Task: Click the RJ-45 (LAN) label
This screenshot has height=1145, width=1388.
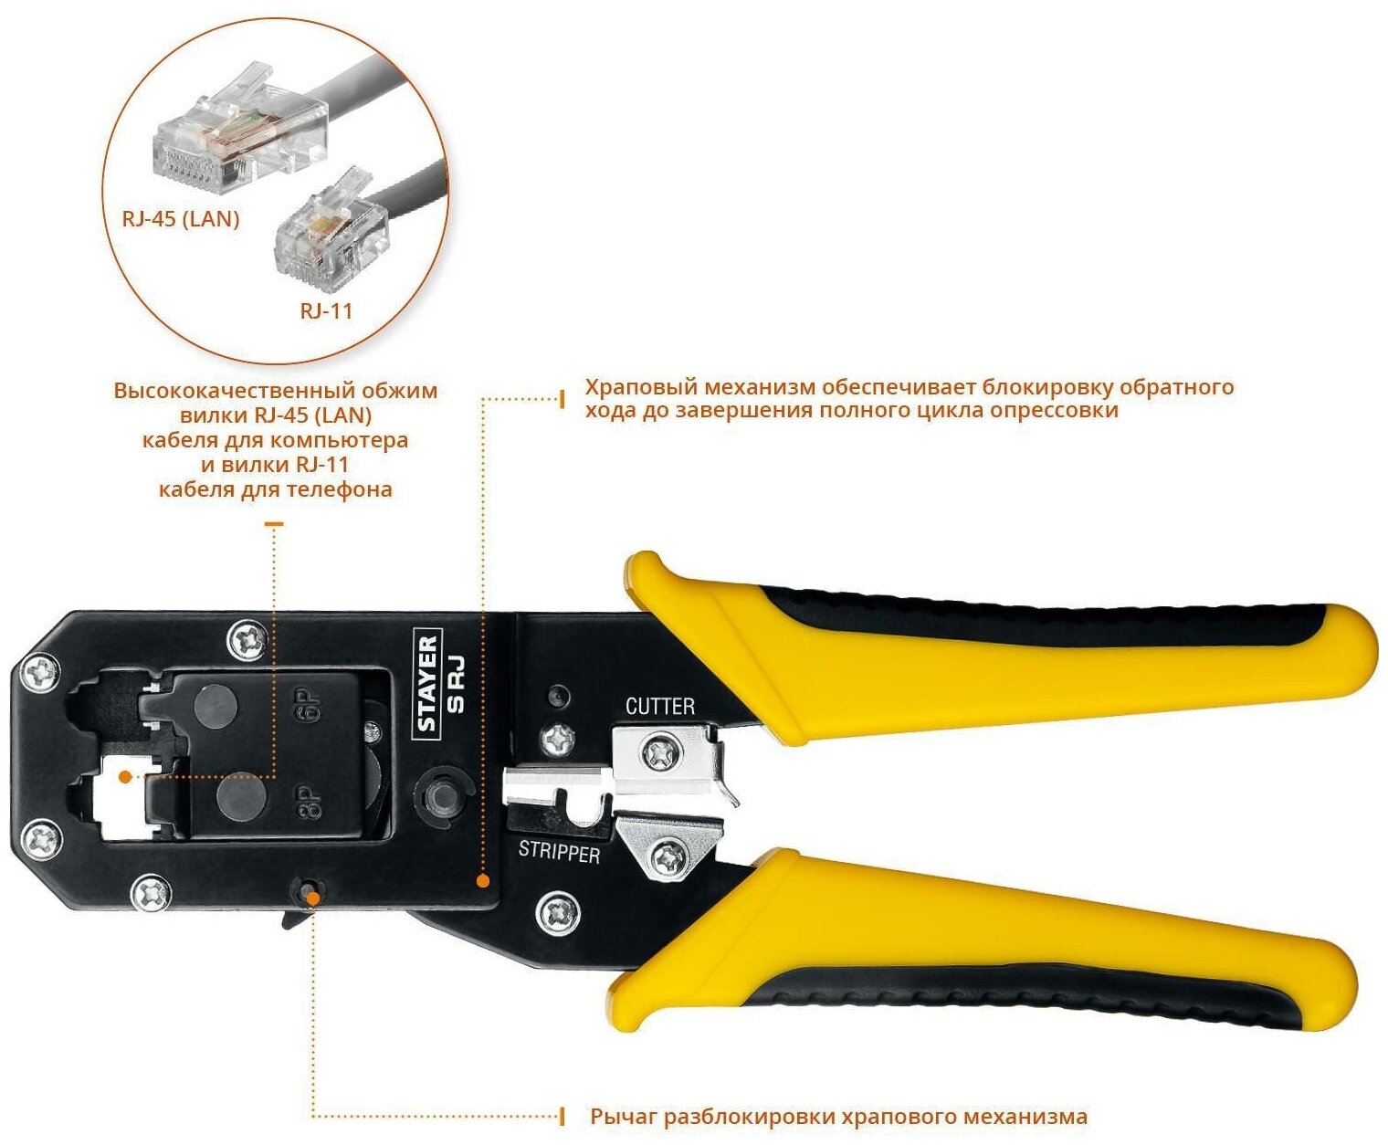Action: (180, 219)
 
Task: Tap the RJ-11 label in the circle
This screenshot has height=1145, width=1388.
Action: (326, 310)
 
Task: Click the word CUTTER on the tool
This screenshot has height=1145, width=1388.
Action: (659, 706)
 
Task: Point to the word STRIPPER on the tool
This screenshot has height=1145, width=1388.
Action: (559, 852)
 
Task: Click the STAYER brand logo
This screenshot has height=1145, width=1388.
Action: (427, 683)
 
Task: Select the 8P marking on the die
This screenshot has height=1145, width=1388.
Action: (310, 801)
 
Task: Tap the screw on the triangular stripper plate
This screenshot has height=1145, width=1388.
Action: (671, 856)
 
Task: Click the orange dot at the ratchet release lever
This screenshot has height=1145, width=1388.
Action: (313, 898)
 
